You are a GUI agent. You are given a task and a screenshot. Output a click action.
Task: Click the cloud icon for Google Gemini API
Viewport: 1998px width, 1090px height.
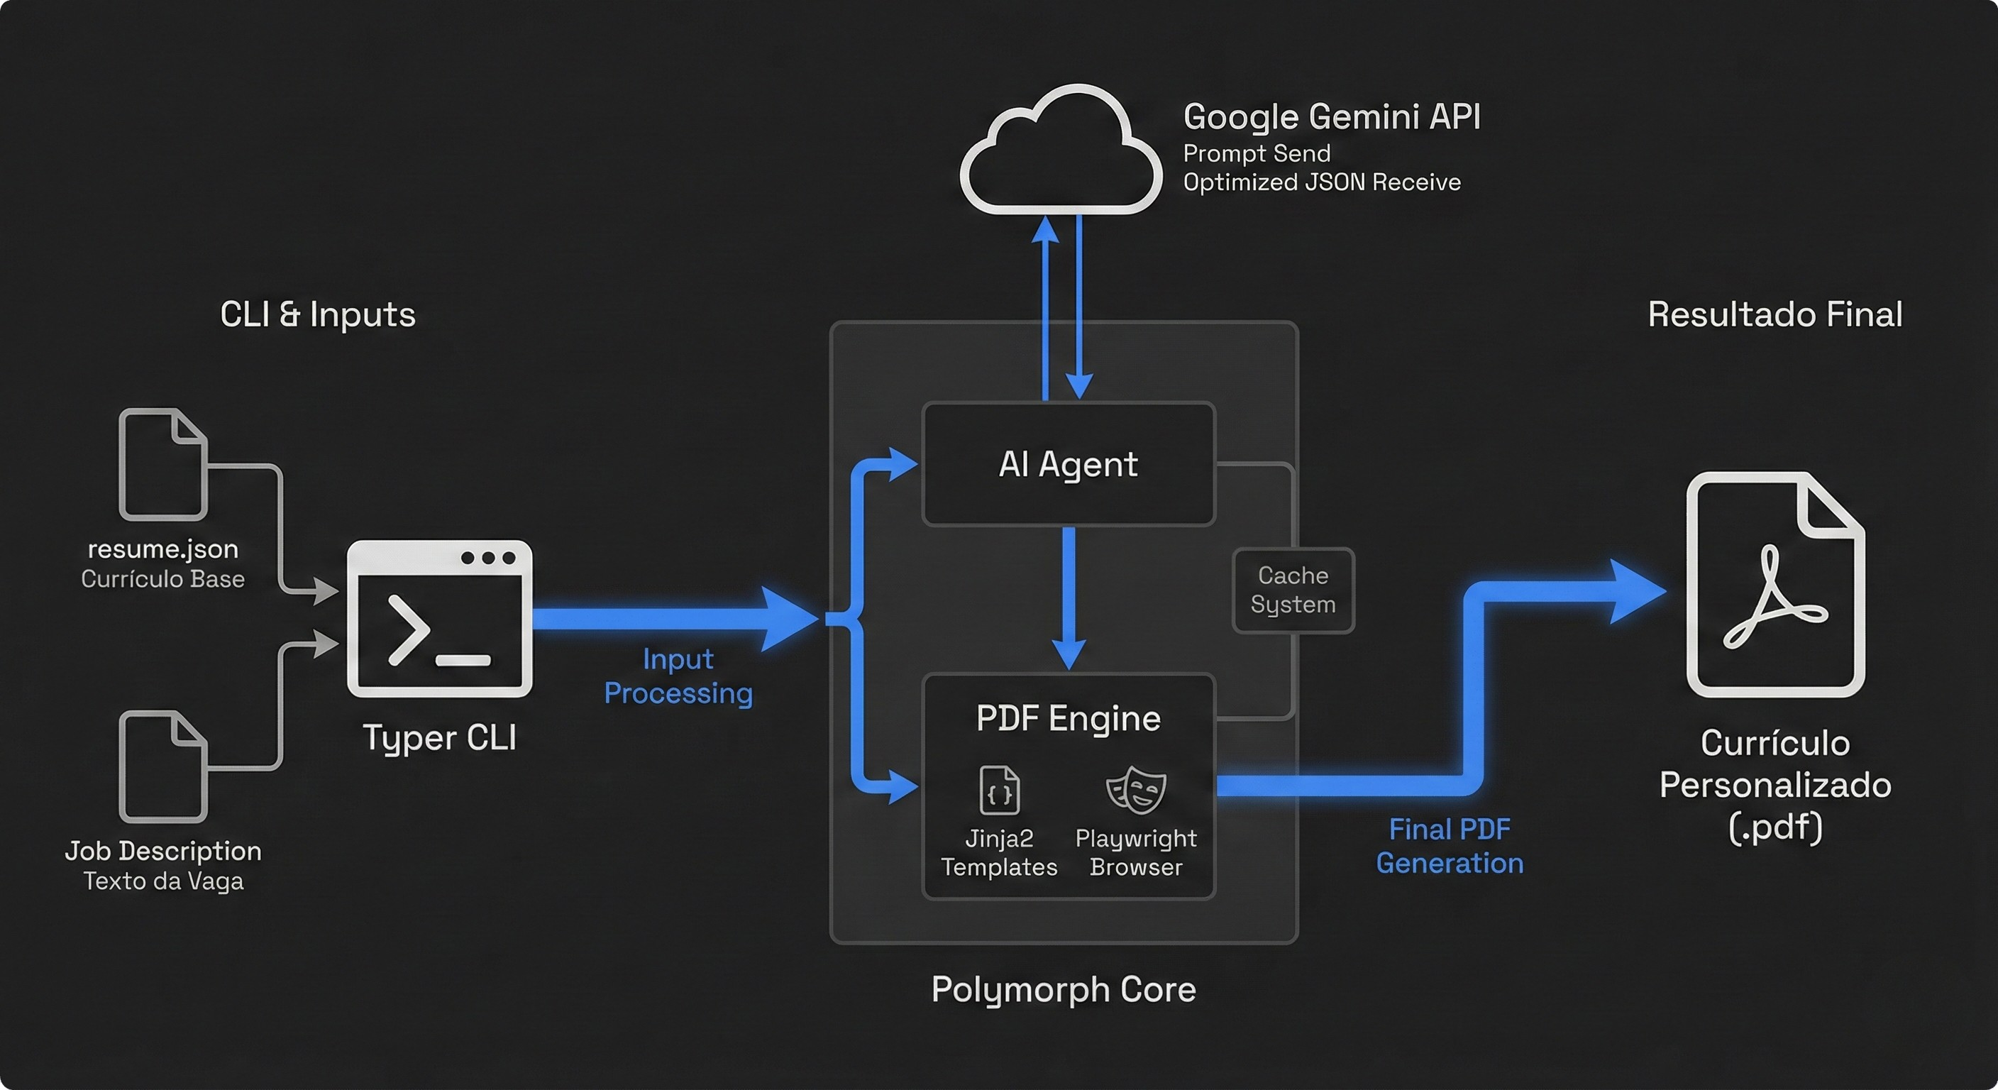pos(1060,151)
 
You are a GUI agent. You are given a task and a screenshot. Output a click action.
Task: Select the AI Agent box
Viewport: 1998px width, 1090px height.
pos(1068,464)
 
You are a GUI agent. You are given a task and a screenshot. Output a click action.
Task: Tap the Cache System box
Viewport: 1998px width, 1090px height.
pos(1293,590)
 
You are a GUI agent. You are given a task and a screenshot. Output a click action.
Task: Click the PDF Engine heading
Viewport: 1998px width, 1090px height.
pos(1068,717)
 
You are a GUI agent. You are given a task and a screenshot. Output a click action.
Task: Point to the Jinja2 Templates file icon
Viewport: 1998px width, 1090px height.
pos(999,790)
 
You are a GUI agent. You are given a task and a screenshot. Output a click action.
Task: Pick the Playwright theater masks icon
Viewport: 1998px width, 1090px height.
pos(1135,790)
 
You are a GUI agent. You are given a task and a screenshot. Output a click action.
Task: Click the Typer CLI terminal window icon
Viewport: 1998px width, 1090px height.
pos(439,618)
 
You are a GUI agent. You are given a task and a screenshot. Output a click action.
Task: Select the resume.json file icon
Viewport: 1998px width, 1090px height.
pos(163,464)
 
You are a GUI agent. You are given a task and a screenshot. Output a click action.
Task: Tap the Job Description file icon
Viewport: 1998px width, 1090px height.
pos(163,766)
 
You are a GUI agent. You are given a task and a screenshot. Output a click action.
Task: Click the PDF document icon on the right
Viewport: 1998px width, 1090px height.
pos(1775,584)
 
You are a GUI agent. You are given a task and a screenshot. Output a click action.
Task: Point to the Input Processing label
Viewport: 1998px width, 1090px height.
pos(678,676)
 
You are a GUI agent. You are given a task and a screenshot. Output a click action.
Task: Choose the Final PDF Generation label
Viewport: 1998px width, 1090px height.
pos(1449,847)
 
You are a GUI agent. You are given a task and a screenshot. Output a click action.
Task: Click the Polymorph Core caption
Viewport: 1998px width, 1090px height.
pos(1064,989)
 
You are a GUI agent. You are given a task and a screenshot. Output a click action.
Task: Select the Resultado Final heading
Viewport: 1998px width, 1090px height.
pos(1775,314)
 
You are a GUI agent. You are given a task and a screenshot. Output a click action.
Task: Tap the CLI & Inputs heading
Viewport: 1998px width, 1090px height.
pos(317,314)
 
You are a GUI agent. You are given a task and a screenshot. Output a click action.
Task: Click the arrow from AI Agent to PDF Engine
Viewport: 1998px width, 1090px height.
pos(1068,598)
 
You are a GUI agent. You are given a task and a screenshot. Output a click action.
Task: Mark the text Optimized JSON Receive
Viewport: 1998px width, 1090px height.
pos(1322,182)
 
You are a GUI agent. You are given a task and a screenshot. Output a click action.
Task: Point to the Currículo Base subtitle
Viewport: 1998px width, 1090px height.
pos(163,579)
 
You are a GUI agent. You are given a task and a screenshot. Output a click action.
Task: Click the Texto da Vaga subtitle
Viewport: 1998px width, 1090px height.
pos(163,881)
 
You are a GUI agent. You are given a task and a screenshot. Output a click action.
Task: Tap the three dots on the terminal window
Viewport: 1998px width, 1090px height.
pos(488,558)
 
